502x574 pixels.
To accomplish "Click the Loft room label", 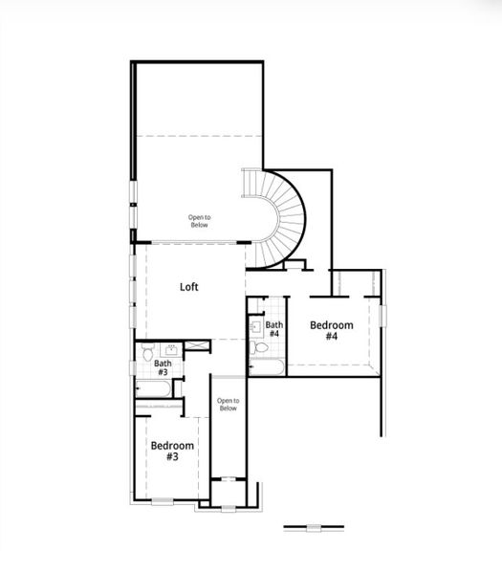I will [x=189, y=286].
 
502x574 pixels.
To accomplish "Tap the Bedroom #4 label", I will [x=332, y=331].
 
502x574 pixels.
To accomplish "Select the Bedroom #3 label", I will [x=172, y=452].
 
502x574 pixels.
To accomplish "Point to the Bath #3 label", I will [x=164, y=367].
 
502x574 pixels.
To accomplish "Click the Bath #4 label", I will [x=273, y=329].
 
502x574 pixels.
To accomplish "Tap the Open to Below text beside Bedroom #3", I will [x=228, y=405].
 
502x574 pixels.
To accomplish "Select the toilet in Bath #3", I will [x=148, y=355].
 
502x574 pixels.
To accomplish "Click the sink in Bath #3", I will [x=173, y=350].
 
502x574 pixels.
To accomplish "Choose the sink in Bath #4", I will [x=255, y=326].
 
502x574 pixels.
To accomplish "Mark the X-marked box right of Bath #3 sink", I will [x=197, y=349].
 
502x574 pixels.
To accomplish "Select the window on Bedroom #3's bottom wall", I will [x=164, y=500].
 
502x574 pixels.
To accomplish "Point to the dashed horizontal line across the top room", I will [x=198, y=136].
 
